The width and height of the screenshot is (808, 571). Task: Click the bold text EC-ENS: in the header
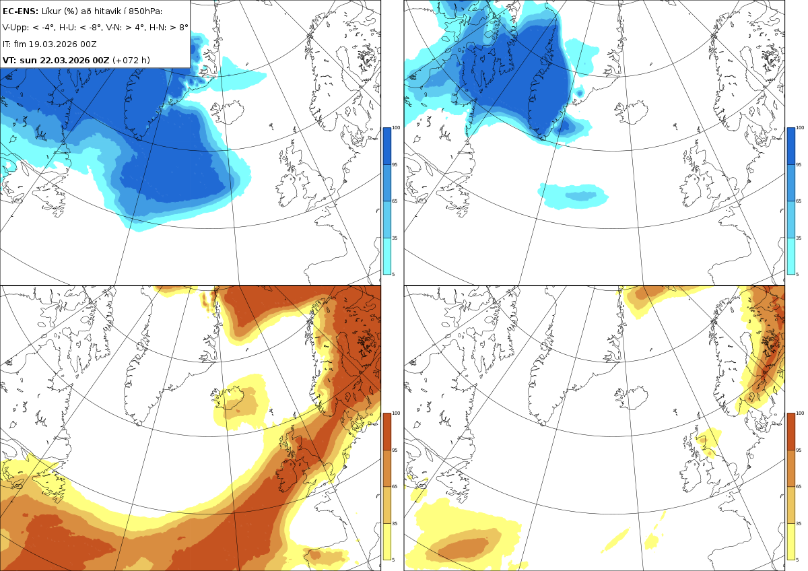(x=20, y=11)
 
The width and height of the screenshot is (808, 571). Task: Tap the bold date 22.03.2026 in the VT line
(x=65, y=60)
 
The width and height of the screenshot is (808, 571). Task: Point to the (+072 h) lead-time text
(x=131, y=60)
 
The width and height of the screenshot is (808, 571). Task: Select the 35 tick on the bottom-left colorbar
(x=395, y=523)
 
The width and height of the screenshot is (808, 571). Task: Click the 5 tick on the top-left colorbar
(x=393, y=275)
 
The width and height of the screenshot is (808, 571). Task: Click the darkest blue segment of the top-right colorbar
(x=790, y=146)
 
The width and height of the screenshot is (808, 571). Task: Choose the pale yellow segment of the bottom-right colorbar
(x=790, y=541)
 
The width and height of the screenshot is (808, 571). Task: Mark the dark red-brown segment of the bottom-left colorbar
(x=386, y=432)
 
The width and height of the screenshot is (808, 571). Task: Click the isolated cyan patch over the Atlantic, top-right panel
(x=573, y=196)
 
